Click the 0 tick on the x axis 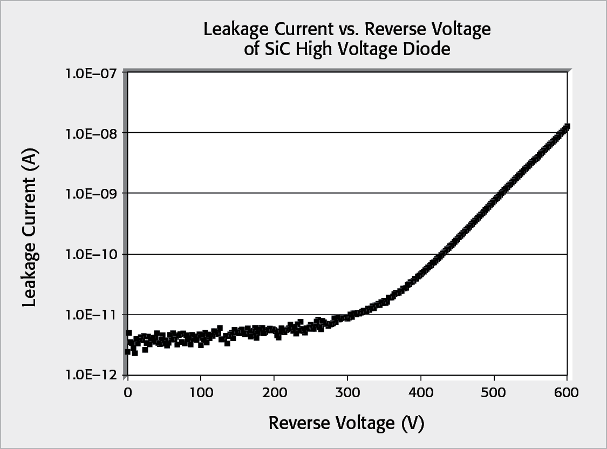point(127,392)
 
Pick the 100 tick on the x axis point(201,392)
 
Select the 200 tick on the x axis point(274,392)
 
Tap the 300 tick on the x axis point(347,392)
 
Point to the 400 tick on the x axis point(421,392)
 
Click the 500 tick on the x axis point(494,392)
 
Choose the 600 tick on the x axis point(567,392)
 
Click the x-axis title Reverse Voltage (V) point(346,424)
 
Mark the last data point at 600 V point(567,127)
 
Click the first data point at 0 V point(128,351)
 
